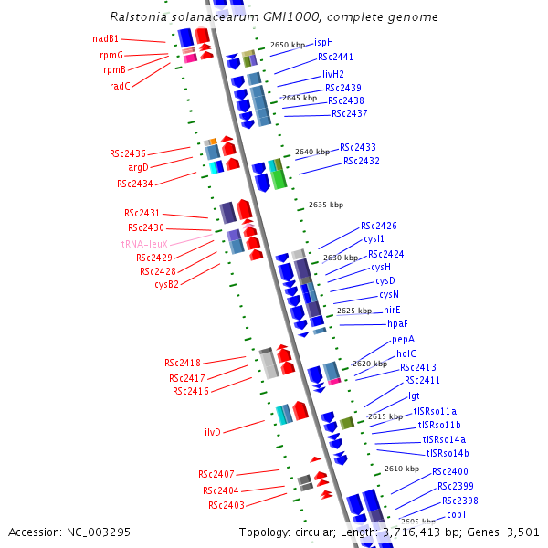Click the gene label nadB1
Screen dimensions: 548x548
(105, 38)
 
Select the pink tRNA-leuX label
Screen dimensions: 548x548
(144, 244)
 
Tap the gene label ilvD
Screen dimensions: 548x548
(213, 432)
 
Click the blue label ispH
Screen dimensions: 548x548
(323, 42)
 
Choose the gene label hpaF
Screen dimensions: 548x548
(397, 323)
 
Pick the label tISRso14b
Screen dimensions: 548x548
(448, 453)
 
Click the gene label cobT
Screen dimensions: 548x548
(457, 514)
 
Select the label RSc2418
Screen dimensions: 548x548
(183, 363)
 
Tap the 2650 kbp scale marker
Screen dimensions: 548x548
(288, 45)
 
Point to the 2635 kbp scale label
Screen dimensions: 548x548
(326, 205)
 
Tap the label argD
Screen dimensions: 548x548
(138, 167)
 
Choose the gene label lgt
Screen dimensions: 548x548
(414, 395)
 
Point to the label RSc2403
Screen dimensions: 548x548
(226, 505)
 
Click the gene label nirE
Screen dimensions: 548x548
(392, 310)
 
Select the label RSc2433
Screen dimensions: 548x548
(358, 147)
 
